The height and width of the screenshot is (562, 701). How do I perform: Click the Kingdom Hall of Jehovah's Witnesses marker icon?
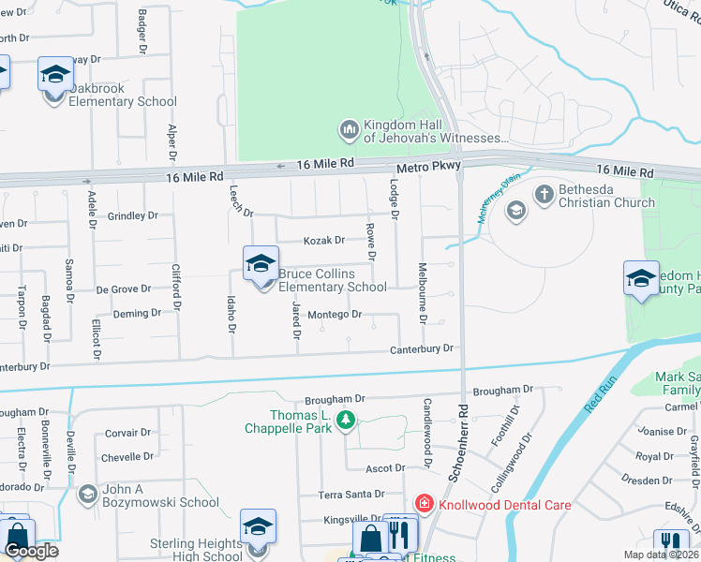(349, 127)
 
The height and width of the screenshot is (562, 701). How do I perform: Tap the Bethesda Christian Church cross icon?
(544, 194)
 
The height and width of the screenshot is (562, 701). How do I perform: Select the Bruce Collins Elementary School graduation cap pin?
(261, 265)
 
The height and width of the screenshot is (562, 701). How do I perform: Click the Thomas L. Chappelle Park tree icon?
(347, 421)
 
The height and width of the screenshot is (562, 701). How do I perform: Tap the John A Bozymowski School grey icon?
(87, 494)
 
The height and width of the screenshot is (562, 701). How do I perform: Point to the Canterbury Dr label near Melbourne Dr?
(422, 348)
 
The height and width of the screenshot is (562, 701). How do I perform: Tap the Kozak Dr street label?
(324, 241)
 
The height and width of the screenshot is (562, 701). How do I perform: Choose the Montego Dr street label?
(335, 315)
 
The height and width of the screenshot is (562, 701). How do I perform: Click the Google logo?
(31, 551)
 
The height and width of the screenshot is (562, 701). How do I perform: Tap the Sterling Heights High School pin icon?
(258, 527)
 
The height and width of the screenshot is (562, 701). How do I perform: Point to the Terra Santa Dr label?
(351, 494)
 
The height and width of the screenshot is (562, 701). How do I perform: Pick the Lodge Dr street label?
(394, 200)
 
